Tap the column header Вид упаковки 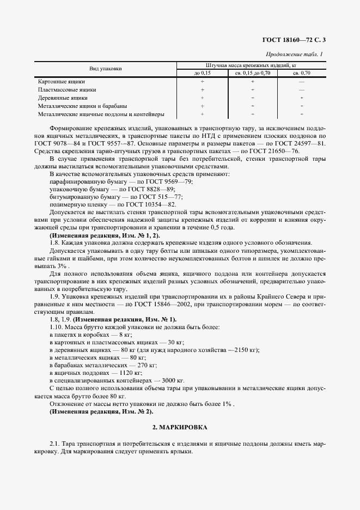[x=106, y=69]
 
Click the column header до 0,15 [x=202, y=72]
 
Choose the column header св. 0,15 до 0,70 [x=252, y=72]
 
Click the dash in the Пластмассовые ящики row [x=301, y=89]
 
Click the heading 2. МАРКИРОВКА [x=180, y=427]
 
